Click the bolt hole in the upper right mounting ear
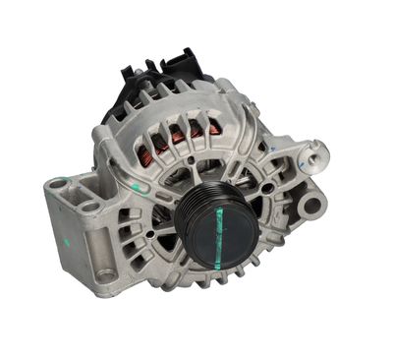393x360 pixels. click(x=315, y=154)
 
